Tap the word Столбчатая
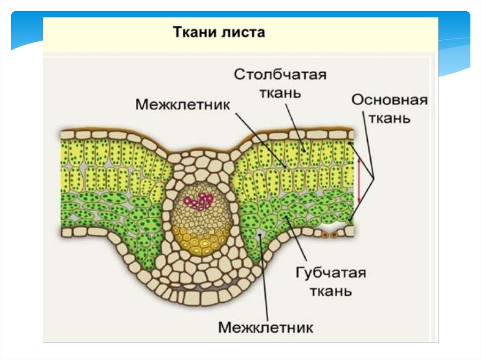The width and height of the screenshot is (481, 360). [280, 75]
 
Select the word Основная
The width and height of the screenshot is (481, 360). [389, 100]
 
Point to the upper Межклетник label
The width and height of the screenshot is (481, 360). [183, 104]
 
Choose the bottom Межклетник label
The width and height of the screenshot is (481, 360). [265, 327]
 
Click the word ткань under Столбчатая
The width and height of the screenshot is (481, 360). [280, 92]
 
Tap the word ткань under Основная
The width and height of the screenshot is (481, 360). [389, 118]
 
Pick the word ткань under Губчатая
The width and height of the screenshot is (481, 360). [330, 291]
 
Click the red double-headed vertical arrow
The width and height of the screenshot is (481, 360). [359, 180]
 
